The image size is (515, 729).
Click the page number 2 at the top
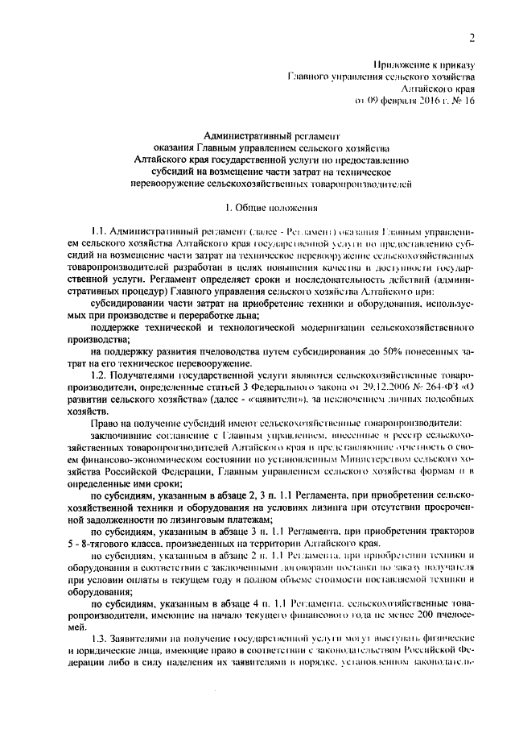(x=472, y=37)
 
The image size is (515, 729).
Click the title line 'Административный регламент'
(x=273, y=137)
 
